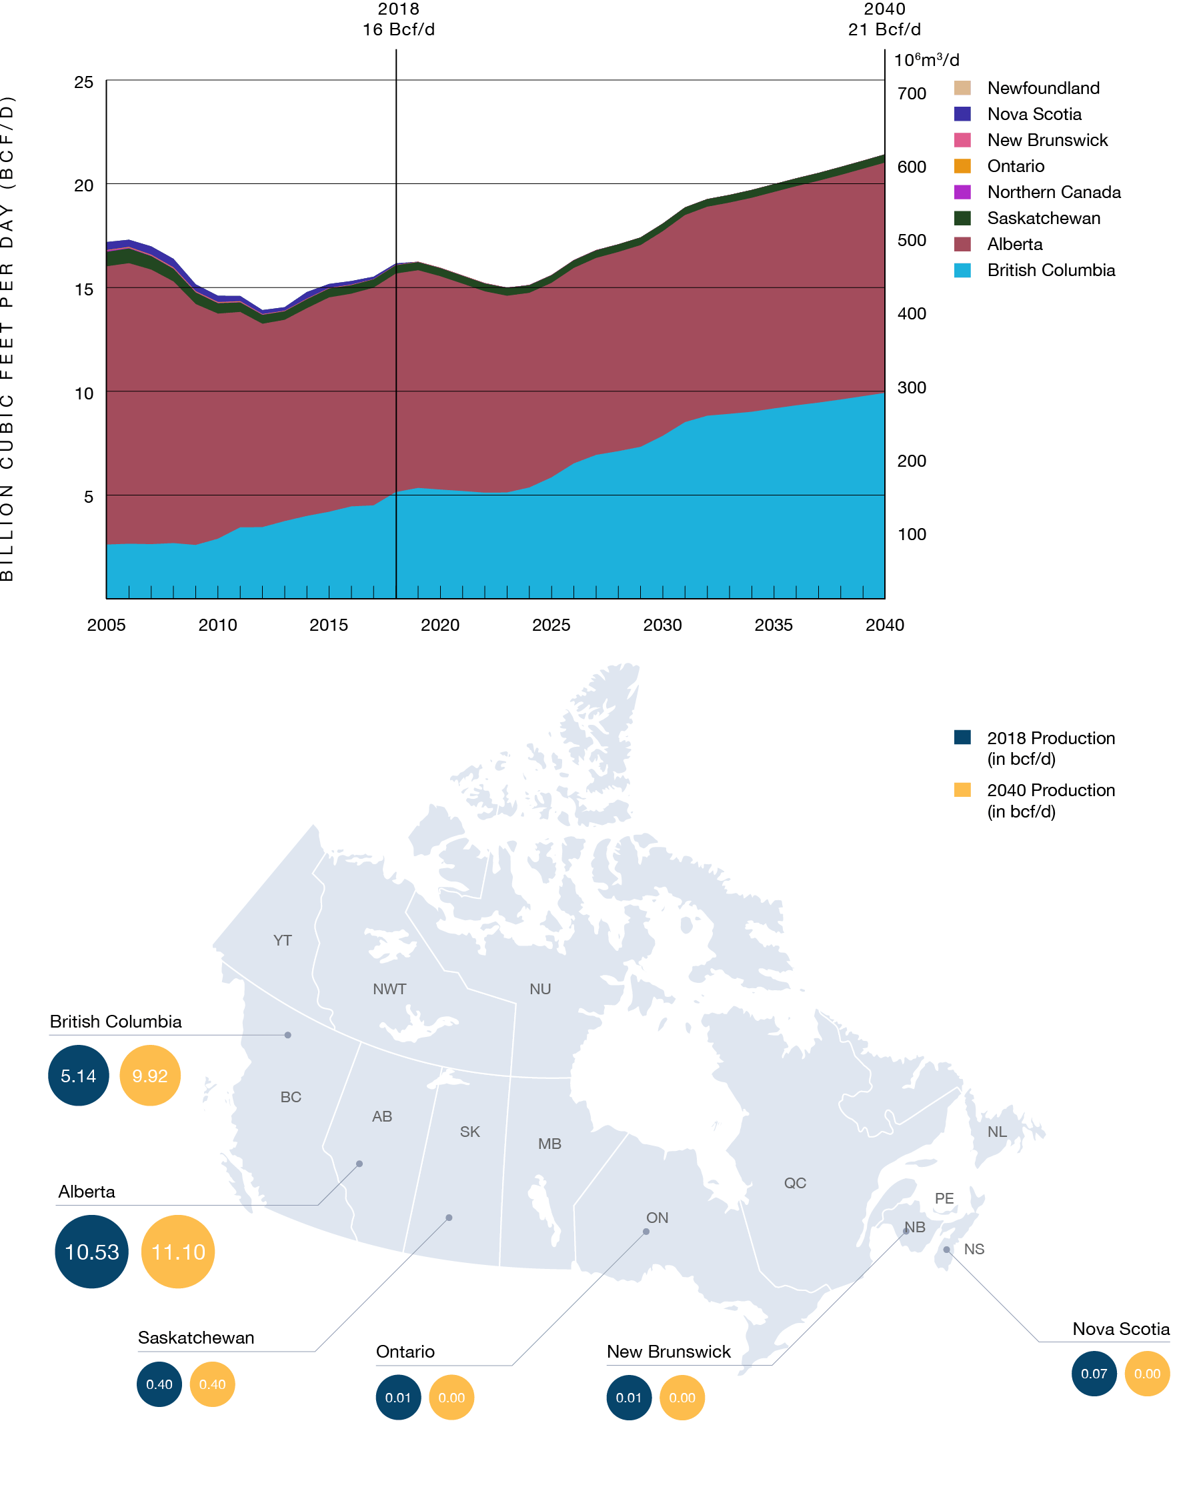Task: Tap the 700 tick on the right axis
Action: coord(911,94)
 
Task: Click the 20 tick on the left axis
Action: coord(84,185)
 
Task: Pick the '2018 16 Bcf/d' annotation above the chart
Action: coord(398,19)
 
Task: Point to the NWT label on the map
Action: coord(389,989)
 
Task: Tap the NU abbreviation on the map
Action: coord(540,989)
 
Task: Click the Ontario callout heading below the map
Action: coord(405,1352)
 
